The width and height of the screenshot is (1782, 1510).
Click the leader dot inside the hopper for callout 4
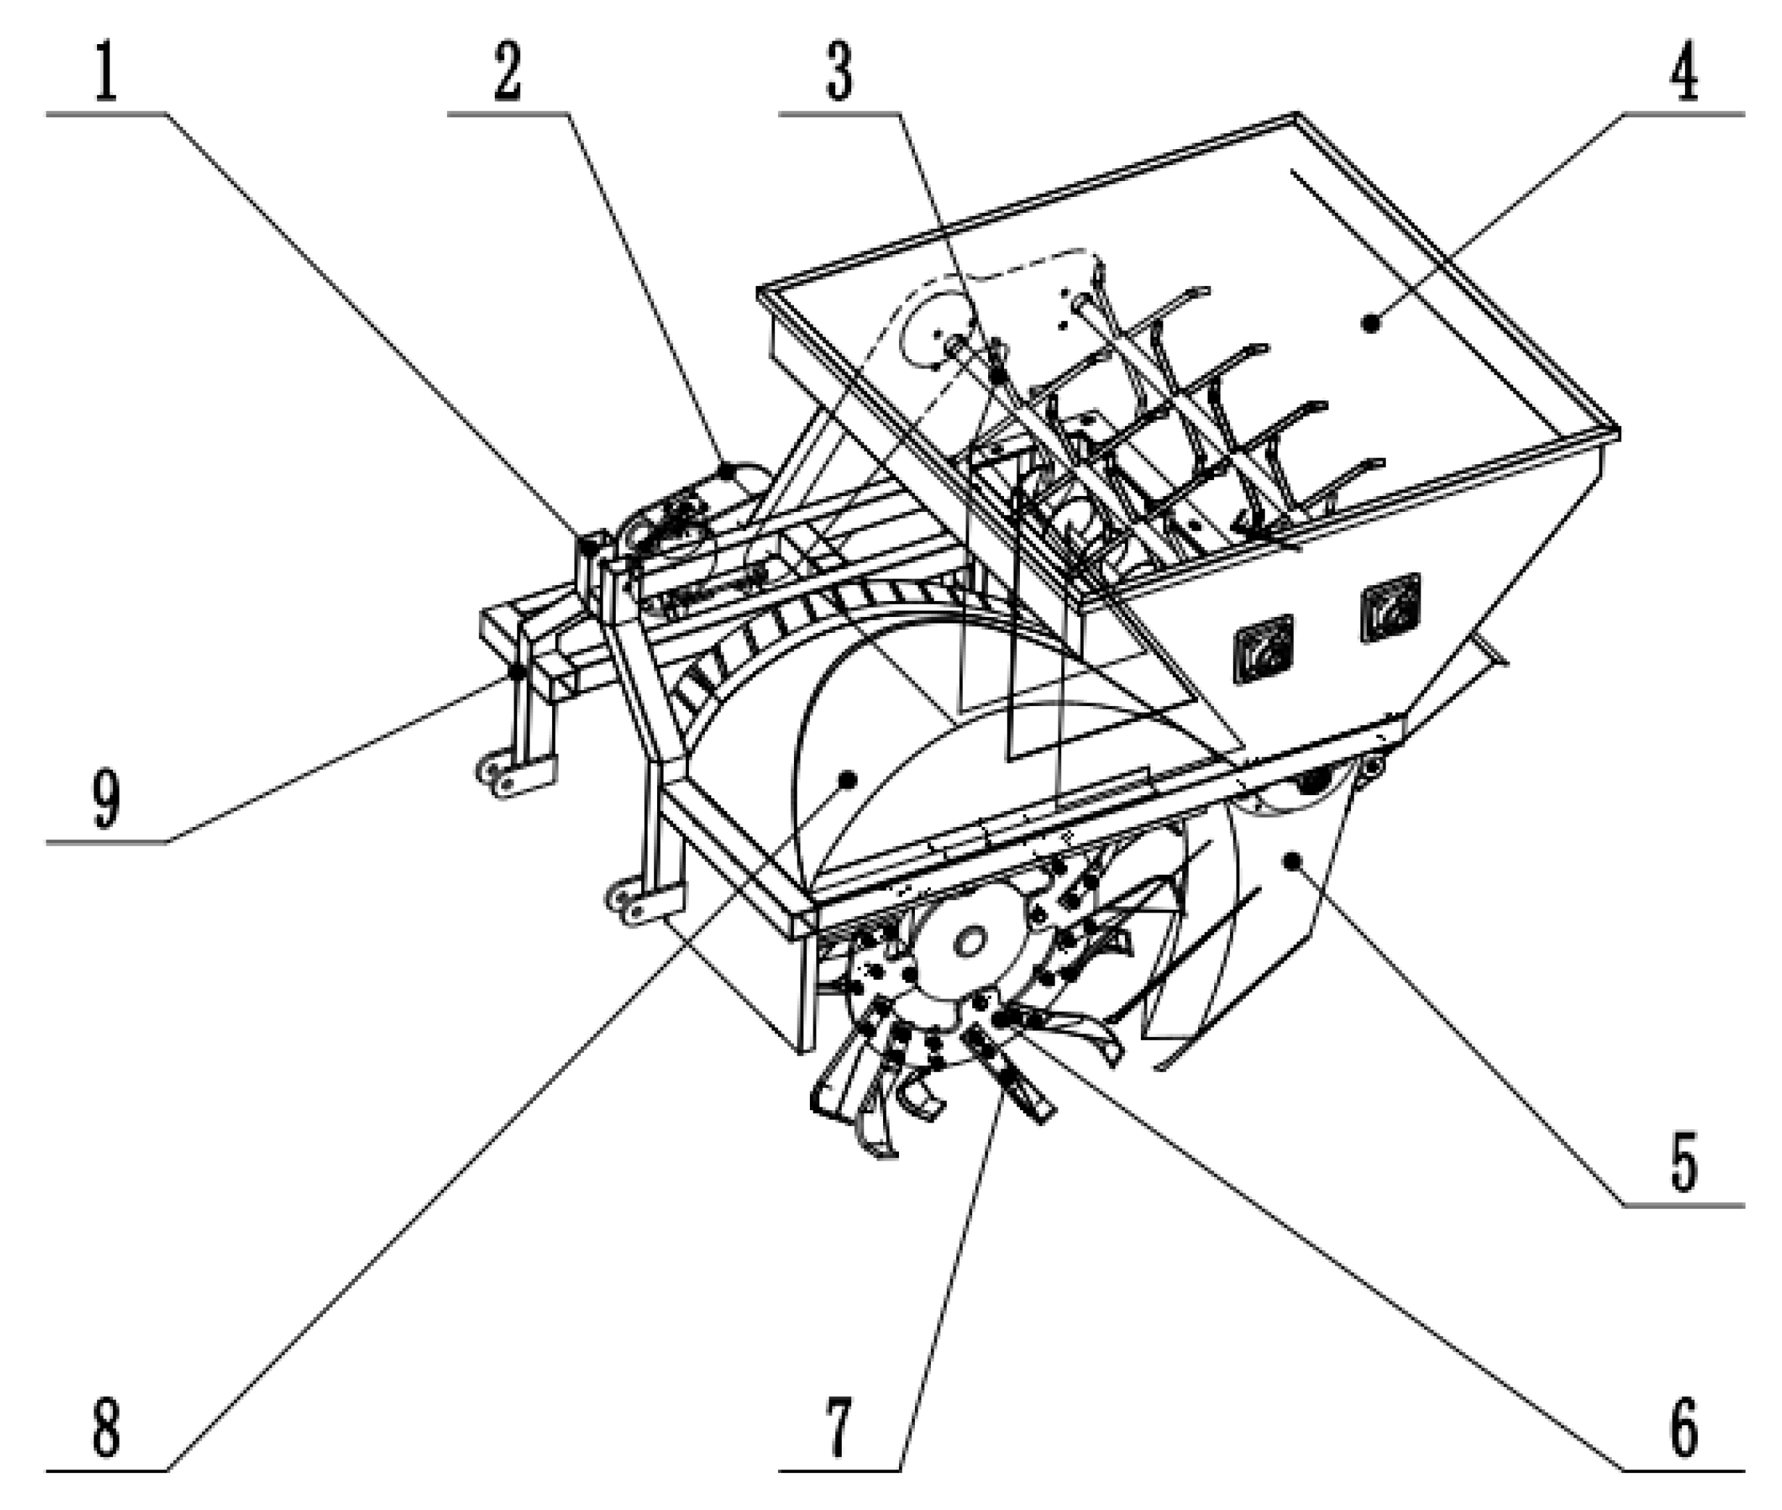(x=1371, y=323)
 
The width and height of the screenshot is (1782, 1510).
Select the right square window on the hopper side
(x=1391, y=608)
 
